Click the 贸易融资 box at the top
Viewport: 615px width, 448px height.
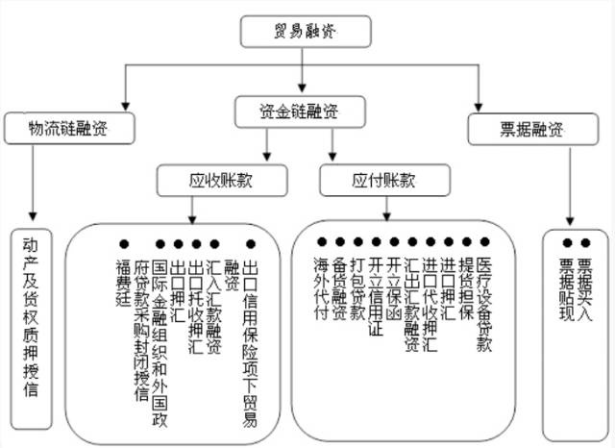pos(305,31)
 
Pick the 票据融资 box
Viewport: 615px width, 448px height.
pos(527,128)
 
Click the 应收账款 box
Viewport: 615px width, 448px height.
pos(224,179)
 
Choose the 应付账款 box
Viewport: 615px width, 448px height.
pos(383,179)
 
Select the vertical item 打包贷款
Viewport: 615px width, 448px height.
pos(357,288)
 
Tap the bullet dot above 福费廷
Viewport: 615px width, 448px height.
pos(122,244)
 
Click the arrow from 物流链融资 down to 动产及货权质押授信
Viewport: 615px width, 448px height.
pos(33,183)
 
